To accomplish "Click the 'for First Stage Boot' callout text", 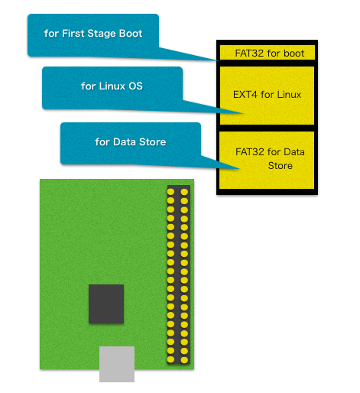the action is tap(93, 34).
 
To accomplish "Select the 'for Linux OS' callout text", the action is tap(112, 86).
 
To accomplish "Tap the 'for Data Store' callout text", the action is tap(131, 142).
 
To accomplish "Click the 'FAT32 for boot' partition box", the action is tap(267, 53).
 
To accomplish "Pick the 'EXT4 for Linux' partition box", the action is tap(267, 96).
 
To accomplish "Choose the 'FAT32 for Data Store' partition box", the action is tap(267, 161).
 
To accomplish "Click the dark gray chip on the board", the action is tap(106, 304).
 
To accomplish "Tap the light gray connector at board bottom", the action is tap(117, 364).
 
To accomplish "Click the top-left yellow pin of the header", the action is tap(170, 192).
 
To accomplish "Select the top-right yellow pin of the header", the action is tap(184, 192).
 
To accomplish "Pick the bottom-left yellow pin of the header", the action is tap(170, 359).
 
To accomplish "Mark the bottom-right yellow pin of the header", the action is tap(184, 360).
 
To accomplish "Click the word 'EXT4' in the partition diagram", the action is tap(245, 95).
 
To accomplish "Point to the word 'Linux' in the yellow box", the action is tap(289, 95).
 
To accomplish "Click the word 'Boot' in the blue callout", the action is tap(131, 34).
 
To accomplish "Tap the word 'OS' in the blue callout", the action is tap(135, 86).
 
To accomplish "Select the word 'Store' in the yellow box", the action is tap(281, 166).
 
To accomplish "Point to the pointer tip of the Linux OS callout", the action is tap(244, 113).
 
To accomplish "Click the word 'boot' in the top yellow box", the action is tap(294, 53).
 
